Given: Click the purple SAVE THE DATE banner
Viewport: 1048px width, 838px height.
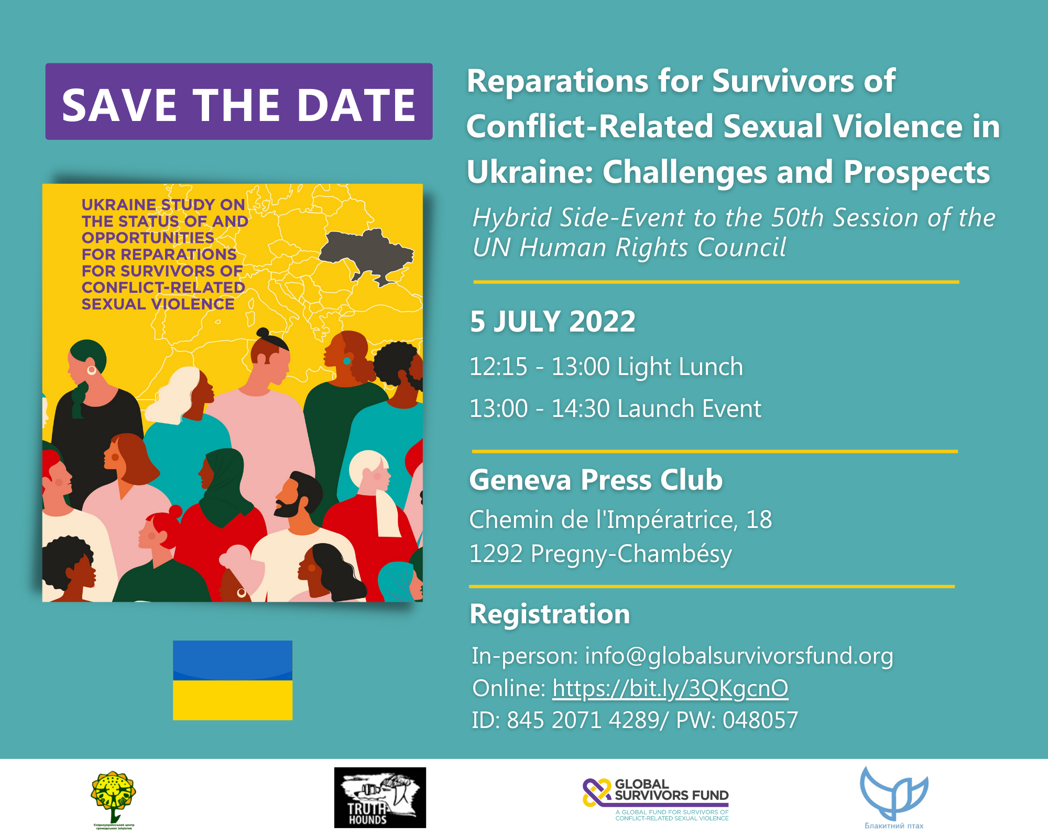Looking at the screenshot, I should pyautogui.click(x=239, y=102).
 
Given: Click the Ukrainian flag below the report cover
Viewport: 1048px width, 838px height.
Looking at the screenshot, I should pyautogui.click(x=233, y=680).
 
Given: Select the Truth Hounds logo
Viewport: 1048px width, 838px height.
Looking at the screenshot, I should pyautogui.click(x=380, y=797).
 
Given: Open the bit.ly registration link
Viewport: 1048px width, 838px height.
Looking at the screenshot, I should pyautogui.click(x=670, y=688).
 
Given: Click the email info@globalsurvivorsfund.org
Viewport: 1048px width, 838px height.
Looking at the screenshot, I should pyautogui.click(x=739, y=656).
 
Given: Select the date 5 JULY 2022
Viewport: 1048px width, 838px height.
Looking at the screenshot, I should pyautogui.click(x=552, y=321).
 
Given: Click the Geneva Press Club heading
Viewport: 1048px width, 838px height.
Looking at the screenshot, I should pyautogui.click(x=596, y=479).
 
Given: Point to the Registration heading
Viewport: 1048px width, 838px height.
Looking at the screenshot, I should pyautogui.click(x=550, y=614).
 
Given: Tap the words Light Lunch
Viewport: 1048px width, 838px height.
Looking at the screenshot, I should pyautogui.click(x=680, y=367).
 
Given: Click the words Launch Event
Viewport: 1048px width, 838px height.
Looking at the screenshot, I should pyautogui.click(x=689, y=409).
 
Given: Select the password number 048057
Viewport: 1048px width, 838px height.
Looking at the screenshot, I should pyautogui.click(x=760, y=720).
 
